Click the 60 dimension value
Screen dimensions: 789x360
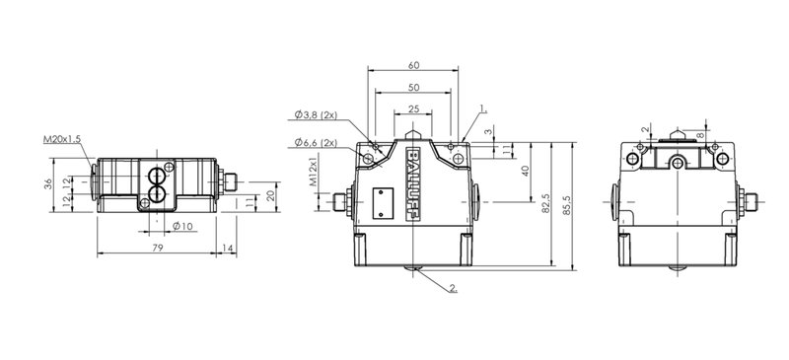(413, 65)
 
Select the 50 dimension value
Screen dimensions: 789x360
(413, 88)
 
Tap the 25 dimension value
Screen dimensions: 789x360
(413, 108)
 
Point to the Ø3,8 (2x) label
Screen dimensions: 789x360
(316, 115)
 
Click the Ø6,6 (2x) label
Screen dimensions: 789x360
(316, 143)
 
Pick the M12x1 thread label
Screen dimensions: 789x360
(313, 172)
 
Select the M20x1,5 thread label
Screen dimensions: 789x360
(62, 139)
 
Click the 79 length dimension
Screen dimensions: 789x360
(158, 248)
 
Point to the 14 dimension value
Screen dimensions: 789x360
(228, 248)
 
